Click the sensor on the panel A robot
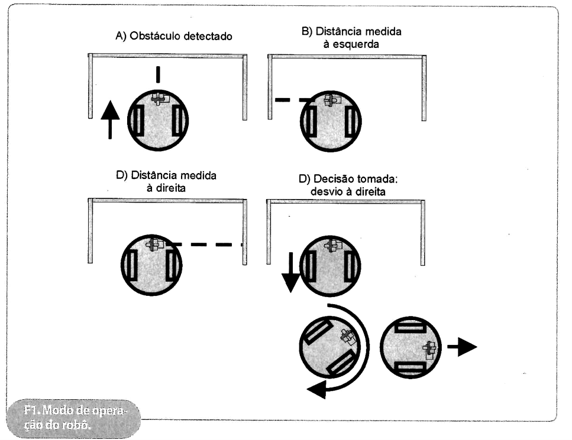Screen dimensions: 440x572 (x=158, y=98)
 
